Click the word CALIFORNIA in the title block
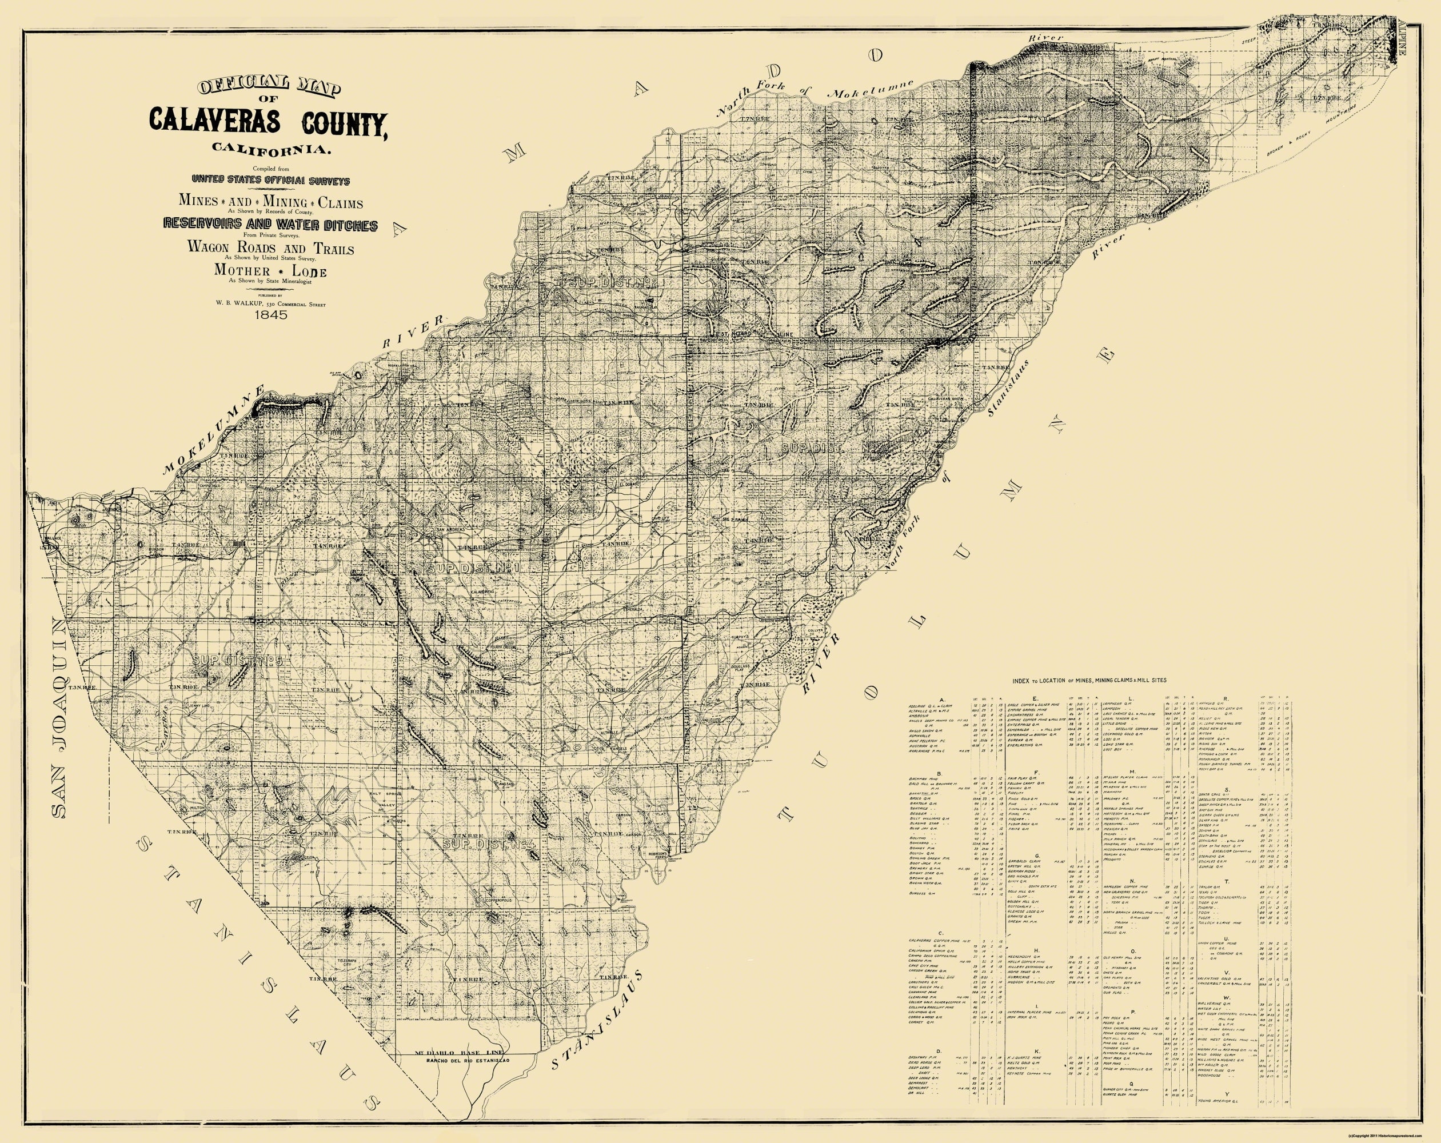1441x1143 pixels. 269,150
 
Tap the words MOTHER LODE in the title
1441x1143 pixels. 270,270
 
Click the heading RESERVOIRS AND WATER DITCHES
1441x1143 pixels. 270,225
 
